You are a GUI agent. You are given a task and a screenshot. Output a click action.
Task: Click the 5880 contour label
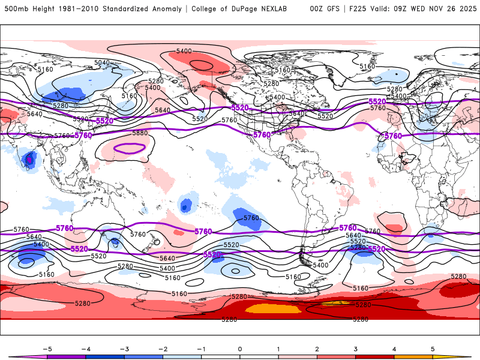pyautogui.click(x=140, y=133)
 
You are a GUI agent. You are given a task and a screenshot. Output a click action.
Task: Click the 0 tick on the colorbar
pyautogui.click(x=240, y=349)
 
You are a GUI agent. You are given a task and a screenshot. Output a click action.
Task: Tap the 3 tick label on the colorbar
pyautogui.click(x=356, y=349)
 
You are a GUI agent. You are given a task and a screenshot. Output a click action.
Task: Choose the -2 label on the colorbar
pyautogui.click(x=162, y=349)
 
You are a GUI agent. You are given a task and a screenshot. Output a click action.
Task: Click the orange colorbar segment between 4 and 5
pyautogui.click(x=413, y=356)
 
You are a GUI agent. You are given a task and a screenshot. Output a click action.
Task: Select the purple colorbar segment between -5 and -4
pyautogui.click(x=66, y=356)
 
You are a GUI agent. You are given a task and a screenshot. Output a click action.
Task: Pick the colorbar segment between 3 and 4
pyautogui.click(x=375, y=356)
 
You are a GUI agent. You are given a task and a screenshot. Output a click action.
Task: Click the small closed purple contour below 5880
pyautogui.click(x=130, y=148)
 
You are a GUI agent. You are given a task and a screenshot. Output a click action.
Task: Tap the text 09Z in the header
pyautogui.click(x=390, y=9)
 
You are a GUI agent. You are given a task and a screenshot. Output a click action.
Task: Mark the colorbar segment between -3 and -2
pyautogui.click(x=143, y=356)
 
